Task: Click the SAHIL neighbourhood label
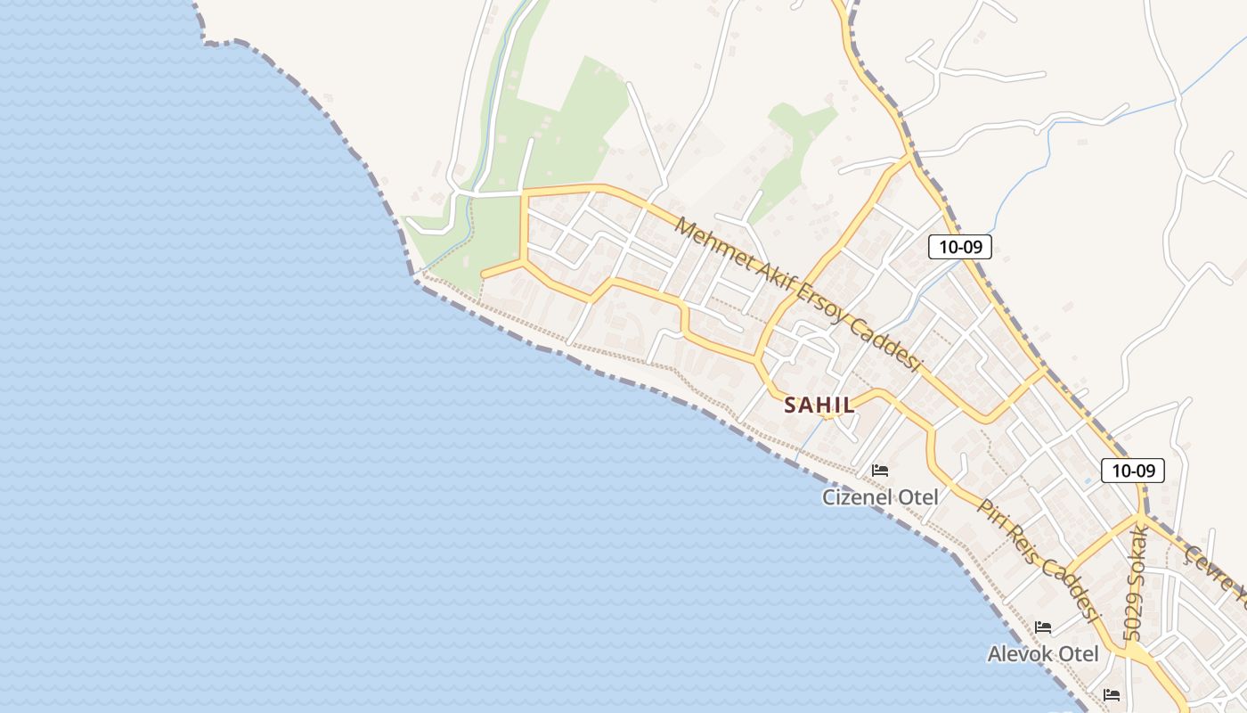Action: (819, 405)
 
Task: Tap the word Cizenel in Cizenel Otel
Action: (855, 496)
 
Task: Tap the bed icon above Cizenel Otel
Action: (880, 470)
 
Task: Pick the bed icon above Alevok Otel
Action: (1044, 627)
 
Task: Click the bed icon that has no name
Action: (1112, 694)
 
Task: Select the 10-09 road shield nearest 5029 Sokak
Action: (1133, 471)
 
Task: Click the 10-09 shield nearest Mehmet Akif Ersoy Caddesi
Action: (959, 247)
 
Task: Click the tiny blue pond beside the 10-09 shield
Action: (1088, 481)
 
